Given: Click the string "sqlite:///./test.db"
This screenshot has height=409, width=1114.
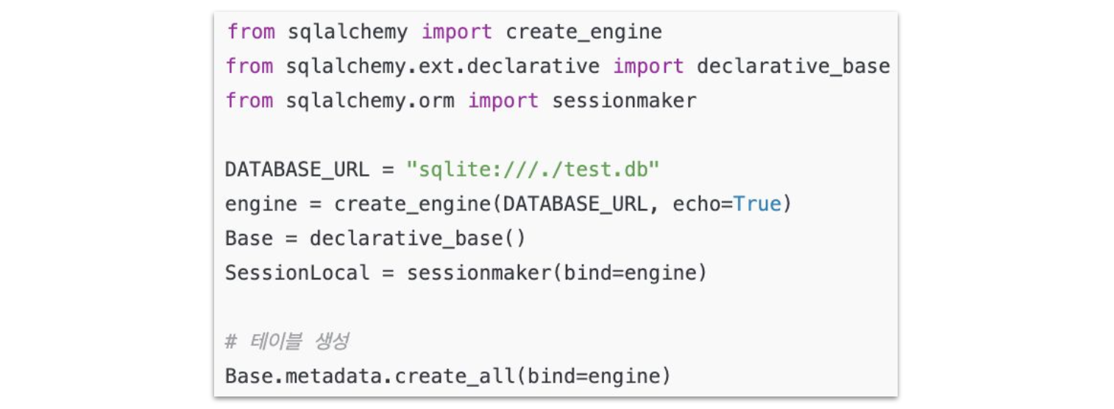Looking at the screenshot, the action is (533, 169).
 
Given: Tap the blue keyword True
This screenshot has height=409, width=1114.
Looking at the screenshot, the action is (757, 204).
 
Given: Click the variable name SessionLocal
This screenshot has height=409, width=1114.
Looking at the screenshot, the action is (297, 273).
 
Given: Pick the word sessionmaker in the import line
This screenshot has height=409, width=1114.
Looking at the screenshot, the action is (624, 101).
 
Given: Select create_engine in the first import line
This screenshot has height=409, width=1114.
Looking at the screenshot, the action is (583, 32).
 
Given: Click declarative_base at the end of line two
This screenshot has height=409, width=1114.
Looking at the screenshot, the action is (793, 66).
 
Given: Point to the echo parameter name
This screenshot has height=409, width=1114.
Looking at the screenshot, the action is (696, 204).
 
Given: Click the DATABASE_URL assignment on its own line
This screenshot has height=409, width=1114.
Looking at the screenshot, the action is (297, 169).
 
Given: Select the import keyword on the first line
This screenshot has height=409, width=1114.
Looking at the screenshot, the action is (456, 32).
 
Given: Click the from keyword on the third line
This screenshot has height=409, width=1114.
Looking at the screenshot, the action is (249, 101).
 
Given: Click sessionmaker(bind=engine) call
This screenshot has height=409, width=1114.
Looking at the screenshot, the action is (556, 273).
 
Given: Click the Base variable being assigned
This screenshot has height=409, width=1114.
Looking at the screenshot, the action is (249, 238).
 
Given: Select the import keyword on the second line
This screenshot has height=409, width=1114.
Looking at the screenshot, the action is (648, 66).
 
